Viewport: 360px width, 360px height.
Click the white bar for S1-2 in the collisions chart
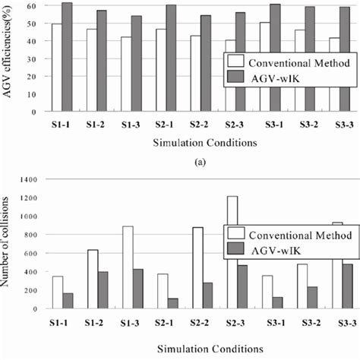(93, 279)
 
